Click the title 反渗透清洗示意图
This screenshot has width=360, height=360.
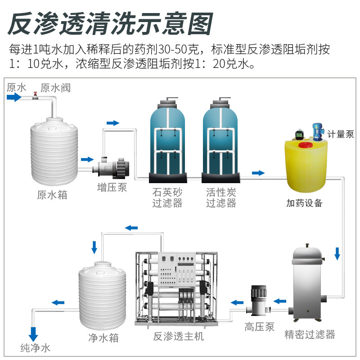110,23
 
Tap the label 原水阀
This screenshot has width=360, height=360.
56,87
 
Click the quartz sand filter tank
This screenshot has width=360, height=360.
167,137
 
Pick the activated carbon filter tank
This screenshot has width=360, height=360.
221,137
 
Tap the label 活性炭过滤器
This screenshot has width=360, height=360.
221,198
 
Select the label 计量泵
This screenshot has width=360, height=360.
340,134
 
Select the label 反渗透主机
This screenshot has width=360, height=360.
178,337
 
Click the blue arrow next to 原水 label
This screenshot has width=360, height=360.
13,97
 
